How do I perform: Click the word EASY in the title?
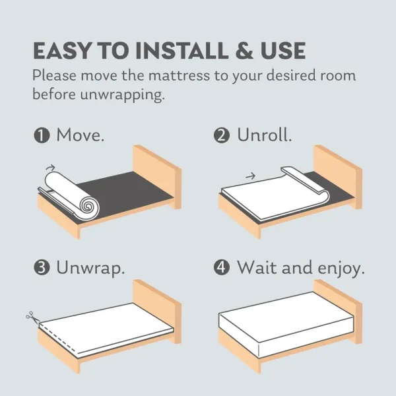point(61,51)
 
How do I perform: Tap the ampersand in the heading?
point(244,51)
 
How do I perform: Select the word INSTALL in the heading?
point(181,51)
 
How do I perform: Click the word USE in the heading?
point(283,51)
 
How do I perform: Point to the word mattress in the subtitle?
point(179,75)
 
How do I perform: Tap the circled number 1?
point(42,135)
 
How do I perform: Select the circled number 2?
point(222,135)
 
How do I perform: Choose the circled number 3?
point(42,268)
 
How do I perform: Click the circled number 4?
point(222,268)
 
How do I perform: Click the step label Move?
point(81,135)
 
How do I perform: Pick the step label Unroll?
point(265,135)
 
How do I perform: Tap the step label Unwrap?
point(90,269)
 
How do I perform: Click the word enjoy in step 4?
point(341,269)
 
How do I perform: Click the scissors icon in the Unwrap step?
point(32,317)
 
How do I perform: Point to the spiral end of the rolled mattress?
point(89,207)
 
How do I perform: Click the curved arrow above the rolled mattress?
point(50,167)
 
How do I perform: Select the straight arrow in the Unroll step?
point(251,176)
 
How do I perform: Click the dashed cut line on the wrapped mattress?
point(57,339)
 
